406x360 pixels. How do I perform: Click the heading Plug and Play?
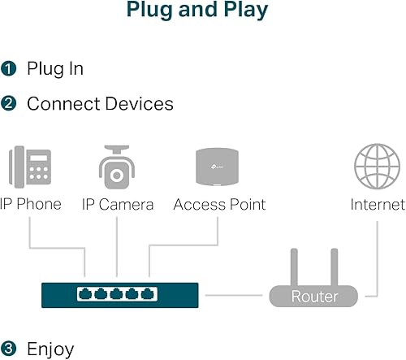[197, 11]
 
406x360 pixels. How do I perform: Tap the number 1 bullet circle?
[9, 68]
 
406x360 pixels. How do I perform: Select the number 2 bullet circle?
[9, 104]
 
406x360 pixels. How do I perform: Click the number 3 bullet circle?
[9, 349]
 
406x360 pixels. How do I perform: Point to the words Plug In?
[55, 68]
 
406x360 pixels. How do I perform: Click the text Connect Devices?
[100, 104]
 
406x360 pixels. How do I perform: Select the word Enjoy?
[50, 349]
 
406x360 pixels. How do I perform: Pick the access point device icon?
[218, 167]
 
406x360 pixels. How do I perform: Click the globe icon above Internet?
[377, 167]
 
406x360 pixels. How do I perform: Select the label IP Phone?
[31, 204]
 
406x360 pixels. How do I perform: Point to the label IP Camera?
[118, 204]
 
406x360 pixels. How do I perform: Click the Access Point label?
[219, 204]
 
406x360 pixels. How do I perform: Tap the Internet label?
[378, 204]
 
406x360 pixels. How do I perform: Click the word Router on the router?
[313, 297]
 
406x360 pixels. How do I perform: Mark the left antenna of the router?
[294, 266]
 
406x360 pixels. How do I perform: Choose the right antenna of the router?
[333, 266]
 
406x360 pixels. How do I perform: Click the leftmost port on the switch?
[84, 293]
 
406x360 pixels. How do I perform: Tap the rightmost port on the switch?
[149, 293]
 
